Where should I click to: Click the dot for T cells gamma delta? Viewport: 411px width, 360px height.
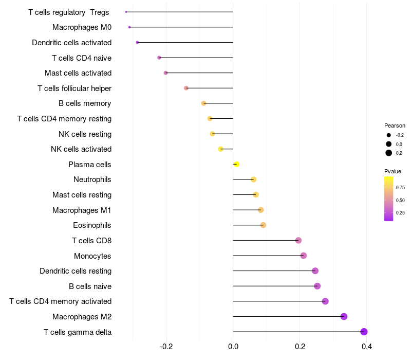point(364,332)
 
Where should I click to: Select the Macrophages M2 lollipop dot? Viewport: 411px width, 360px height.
point(344,316)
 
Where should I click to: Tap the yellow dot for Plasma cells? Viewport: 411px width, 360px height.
point(236,164)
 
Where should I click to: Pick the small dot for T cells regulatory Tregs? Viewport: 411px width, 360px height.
point(126,12)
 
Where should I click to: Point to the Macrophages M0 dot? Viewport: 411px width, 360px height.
point(129,27)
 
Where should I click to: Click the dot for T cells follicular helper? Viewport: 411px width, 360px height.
point(186,88)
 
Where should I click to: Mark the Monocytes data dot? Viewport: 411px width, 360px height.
point(303,256)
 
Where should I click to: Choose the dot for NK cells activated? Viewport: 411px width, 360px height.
point(220,149)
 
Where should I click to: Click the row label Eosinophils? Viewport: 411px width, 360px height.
point(92,225)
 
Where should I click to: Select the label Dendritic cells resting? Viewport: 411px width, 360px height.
point(76,271)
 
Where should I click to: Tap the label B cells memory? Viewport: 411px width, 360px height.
point(85,103)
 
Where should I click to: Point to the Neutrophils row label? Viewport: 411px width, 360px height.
point(92,179)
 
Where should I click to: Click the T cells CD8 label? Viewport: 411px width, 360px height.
point(91,241)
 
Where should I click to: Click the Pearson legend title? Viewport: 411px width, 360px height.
point(395,125)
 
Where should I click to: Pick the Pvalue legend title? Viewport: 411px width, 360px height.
point(393,171)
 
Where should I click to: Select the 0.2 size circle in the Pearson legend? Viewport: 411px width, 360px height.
point(389,153)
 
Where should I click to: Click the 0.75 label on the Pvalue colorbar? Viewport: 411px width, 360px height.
point(400,188)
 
